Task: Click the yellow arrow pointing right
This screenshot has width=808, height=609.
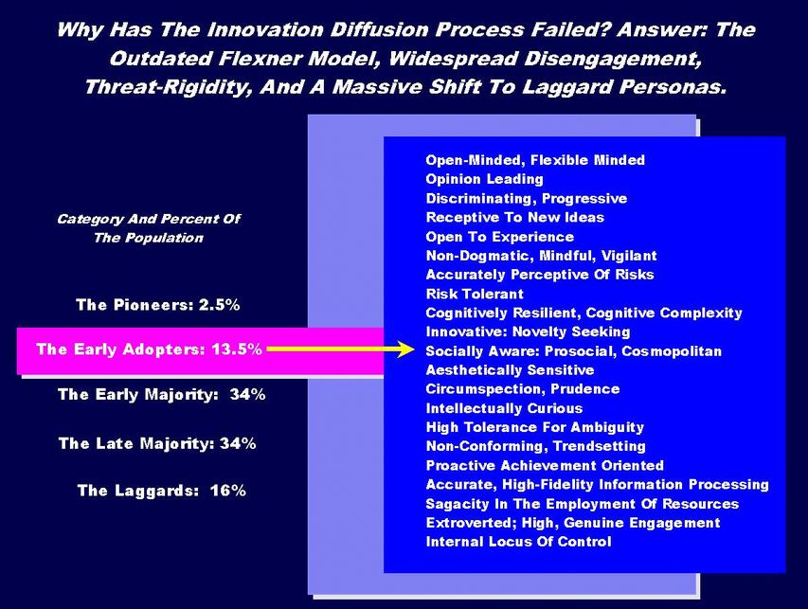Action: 341,349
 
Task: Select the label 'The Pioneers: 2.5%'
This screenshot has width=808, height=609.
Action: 157,305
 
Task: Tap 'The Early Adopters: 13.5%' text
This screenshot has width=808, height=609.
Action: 150,349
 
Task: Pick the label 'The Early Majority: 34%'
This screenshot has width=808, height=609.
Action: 162,395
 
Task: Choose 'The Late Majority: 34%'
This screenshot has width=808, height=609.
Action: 157,443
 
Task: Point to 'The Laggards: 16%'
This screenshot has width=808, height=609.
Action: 162,491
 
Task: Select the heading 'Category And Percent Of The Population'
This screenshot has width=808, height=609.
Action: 149,228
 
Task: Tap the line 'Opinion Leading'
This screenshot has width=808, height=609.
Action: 484,179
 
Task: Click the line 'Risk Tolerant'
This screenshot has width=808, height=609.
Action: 475,295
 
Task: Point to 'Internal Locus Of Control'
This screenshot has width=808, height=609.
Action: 518,542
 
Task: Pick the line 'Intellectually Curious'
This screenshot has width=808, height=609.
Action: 504,408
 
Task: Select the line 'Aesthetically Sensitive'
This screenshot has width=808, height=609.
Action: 510,370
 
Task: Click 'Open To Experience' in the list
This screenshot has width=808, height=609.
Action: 500,237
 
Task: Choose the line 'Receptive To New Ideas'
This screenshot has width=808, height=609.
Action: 514,218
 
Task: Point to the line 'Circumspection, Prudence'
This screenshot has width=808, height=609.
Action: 523,389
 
